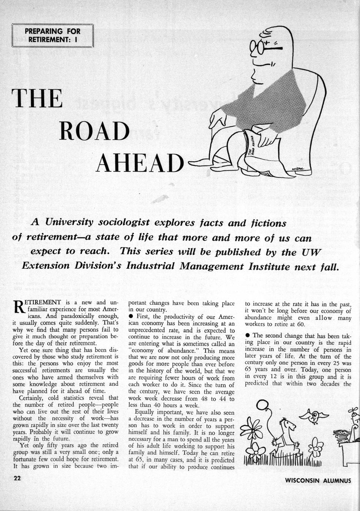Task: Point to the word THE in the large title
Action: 37,98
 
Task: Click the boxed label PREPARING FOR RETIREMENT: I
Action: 53,35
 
